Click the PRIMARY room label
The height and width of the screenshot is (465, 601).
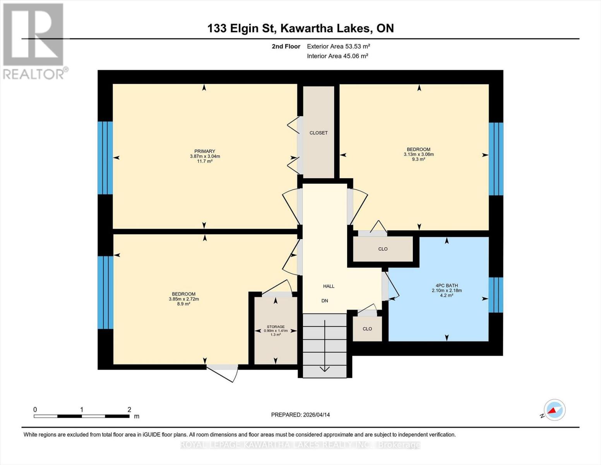point(205,152)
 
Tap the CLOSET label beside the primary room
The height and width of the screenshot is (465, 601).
point(318,133)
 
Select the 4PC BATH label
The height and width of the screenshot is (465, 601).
point(447,286)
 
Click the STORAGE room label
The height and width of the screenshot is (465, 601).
point(276,327)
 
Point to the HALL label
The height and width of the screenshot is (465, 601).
point(329,286)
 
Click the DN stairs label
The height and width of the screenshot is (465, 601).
point(325,301)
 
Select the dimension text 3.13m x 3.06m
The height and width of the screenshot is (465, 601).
point(418,154)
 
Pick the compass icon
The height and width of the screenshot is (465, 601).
point(554,410)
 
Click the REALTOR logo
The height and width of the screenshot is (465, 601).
point(34,41)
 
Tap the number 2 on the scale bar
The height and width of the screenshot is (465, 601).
point(129,410)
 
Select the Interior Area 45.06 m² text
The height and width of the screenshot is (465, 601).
point(337,56)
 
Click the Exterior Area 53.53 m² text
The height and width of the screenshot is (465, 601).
point(338,46)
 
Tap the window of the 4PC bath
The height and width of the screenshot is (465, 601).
point(496,295)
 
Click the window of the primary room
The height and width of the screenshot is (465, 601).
point(105,158)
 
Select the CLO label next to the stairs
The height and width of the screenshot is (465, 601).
point(367,329)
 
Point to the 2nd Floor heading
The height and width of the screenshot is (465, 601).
point(286,46)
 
